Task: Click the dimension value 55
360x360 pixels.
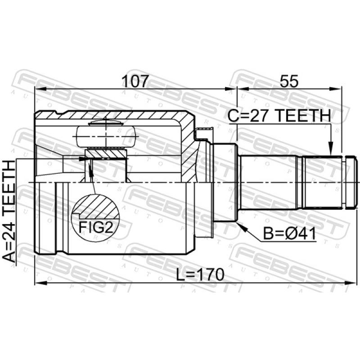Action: click(289, 81)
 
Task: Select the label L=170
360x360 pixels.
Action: click(200, 275)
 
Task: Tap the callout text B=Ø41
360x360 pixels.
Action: click(289, 234)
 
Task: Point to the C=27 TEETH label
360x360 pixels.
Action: click(279, 116)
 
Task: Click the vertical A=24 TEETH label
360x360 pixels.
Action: click(9, 211)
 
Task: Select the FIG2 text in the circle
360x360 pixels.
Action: click(96, 227)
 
